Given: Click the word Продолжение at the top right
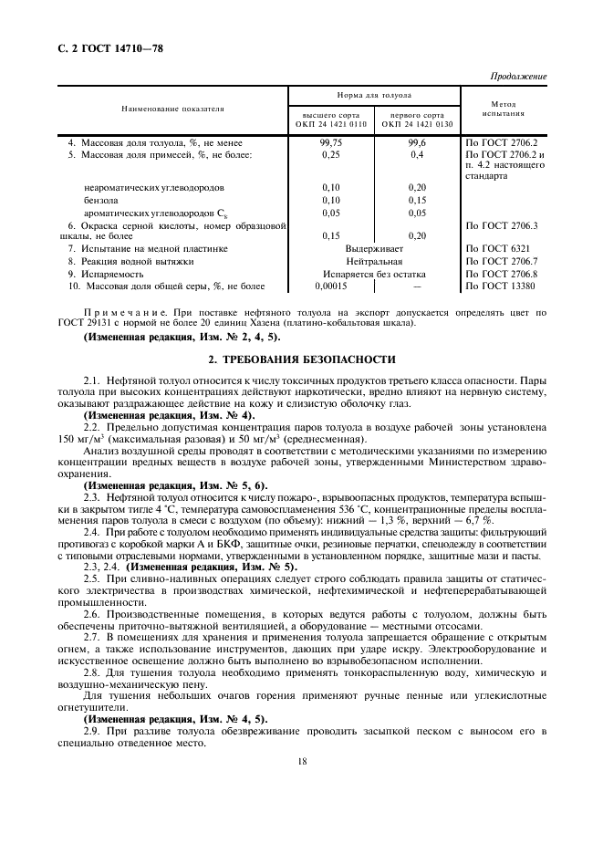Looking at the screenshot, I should pos(518,76).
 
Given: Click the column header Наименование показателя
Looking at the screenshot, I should pos(172,109).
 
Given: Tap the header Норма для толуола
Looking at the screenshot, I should pos(376,95).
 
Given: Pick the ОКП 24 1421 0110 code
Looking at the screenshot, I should pos(331,124).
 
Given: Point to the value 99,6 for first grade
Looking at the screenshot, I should pos(418,142).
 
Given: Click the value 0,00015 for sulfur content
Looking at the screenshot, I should pos(330,286).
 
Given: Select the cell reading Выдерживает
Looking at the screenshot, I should pos(375,248).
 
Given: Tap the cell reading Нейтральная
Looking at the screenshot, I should pos(375,261).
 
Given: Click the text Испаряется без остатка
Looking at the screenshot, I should pos(375,274).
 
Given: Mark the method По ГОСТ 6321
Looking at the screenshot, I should pos(497,248).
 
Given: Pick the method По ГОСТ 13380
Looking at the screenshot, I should pos(500,286).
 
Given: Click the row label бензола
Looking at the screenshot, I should pos(100,200).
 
